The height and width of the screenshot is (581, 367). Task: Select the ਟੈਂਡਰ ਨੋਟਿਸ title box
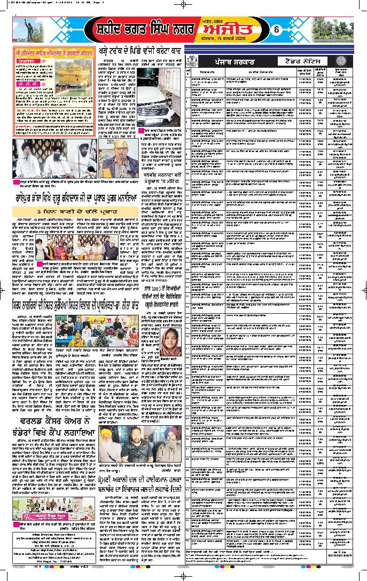[281, 62]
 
